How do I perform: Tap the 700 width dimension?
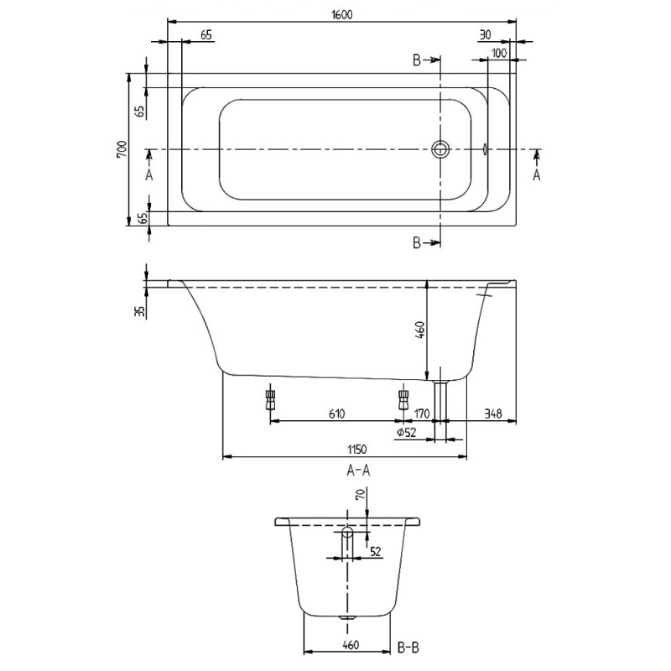pyautogui.click(x=122, y=150)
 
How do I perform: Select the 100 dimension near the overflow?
pyautogui.click(x=499, y=53)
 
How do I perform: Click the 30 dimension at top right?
pyautogui.click(x=485, y=35)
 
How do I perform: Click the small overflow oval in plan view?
pyautogui.click(x=486, y=149)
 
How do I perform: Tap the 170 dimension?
pyautogui.click(x=420, y=414)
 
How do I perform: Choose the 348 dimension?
pyautogui.click(x=492, y=414)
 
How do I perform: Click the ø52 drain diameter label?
pyautogui.click(x=407, y=432)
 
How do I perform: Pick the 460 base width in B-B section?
pyautogui.click(x=351, y=645)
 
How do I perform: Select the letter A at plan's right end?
pyautogui.click(x=537, y=174)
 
